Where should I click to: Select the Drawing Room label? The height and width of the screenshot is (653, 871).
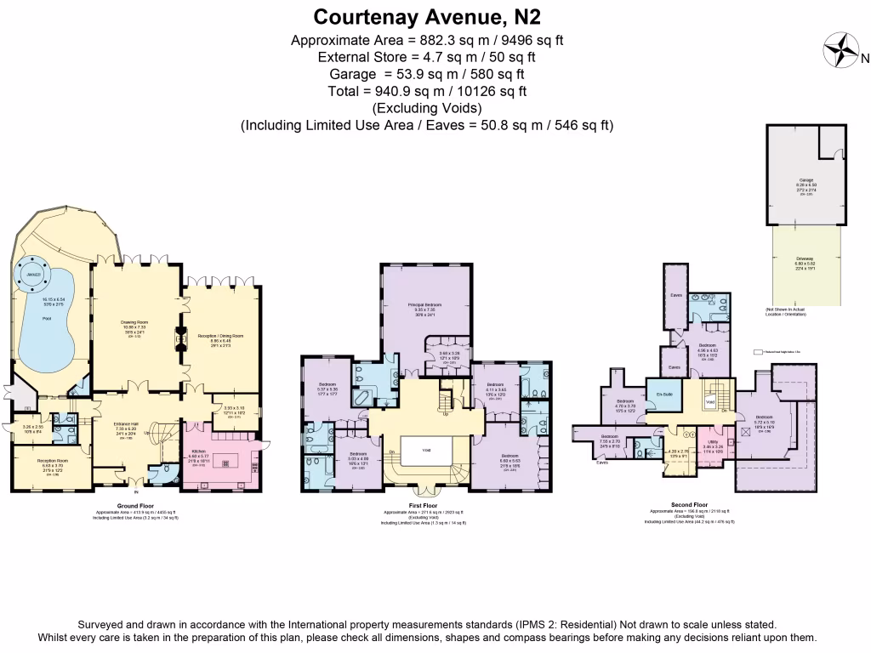134,321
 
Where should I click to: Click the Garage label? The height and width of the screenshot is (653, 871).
806,180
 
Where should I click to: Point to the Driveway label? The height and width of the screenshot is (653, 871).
806,258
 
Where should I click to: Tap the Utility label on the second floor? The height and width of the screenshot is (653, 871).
712,442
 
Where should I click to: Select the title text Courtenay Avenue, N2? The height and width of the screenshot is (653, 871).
427,16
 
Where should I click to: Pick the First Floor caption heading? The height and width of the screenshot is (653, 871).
423,504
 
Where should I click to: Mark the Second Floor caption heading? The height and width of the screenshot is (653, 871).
689,504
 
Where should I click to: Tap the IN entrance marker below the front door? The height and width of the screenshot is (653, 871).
135,492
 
